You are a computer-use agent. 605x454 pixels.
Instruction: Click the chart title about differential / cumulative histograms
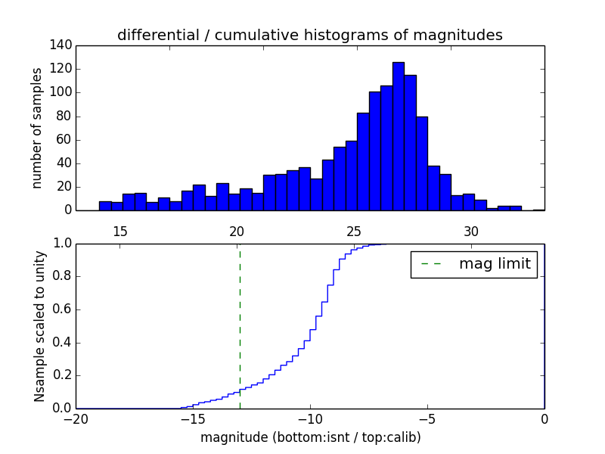point(309,35)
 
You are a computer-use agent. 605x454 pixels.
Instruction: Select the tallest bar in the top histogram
point(398,136)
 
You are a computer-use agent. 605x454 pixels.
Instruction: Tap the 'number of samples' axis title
point(37,128)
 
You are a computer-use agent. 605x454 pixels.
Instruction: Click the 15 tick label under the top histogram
point(119,231)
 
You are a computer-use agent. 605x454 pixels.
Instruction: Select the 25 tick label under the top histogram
point(354,231)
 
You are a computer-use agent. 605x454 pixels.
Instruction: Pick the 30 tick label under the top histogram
point(471,231)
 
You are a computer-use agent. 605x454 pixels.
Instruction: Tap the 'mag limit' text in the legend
point(494,264)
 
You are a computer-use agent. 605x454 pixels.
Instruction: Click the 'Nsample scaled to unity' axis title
point(39,326)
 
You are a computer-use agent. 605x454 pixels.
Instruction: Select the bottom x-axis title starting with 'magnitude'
point(310,437)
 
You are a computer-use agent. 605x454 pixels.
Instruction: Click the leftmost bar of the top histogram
point(105,206)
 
